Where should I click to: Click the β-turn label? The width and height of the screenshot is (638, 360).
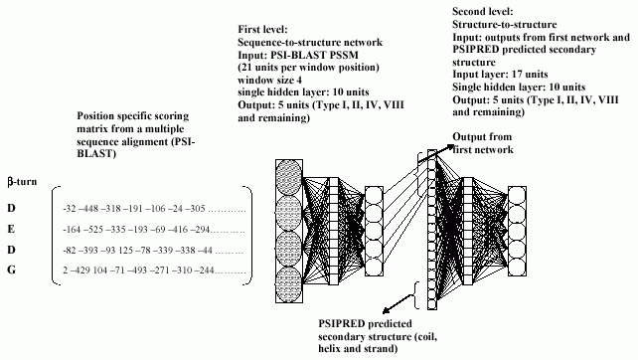coord(22,182)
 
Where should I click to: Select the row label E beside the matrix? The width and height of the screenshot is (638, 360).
coord(11,229)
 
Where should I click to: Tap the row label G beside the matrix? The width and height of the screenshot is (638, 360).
coord(11,270)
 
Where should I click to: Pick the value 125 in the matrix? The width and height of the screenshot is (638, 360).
coord(126,250)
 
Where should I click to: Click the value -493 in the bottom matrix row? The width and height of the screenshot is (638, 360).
coord(137,270)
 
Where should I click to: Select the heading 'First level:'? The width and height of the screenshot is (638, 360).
coord(262,29)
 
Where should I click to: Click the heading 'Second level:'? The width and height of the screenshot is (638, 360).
coord(483,11)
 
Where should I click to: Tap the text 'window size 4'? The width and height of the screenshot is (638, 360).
coord(269,80)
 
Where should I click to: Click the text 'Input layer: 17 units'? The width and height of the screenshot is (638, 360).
coord(500,75)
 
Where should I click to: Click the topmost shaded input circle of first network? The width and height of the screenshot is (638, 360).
coord(289,178)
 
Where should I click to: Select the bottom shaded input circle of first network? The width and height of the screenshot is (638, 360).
coord(289,284)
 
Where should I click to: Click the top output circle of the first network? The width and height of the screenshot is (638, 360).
coord(374,196)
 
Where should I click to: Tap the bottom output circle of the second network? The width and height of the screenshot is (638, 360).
coord(517,268)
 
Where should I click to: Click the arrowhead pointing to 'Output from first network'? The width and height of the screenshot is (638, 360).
coord(449,146)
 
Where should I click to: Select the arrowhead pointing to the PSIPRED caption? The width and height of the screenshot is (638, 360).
coord(387,310)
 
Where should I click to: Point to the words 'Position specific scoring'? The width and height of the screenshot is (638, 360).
coord(132,116)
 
